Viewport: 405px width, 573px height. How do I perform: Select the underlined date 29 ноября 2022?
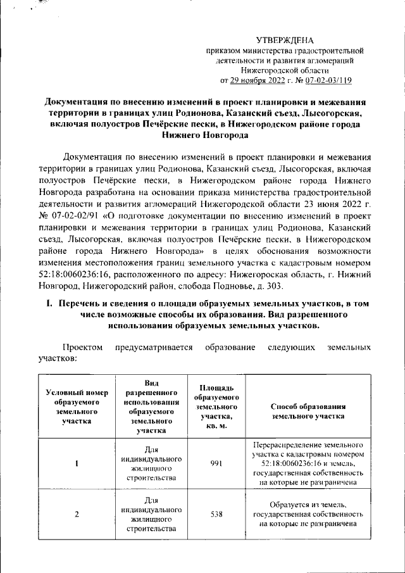(x=254, y=80)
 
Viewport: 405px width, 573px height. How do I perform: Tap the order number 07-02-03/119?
(x=328, y=80)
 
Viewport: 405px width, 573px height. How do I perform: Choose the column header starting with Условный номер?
(x=77, y=406)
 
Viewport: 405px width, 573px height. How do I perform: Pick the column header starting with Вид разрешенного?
(x=150, y=406)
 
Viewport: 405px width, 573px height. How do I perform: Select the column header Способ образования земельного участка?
(x=308, y=411)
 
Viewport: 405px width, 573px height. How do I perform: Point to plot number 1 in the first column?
(x=77, y=463)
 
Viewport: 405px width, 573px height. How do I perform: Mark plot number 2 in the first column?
(x=77, y=513)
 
